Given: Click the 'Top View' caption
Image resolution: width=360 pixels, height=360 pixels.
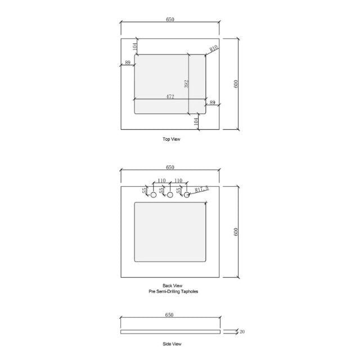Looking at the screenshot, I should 172,138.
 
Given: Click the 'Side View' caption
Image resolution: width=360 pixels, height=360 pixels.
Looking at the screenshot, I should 172,343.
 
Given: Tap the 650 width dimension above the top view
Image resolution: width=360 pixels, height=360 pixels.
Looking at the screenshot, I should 170,20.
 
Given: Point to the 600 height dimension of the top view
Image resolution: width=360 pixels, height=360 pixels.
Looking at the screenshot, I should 236,83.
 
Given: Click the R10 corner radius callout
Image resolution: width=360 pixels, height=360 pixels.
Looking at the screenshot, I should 214,48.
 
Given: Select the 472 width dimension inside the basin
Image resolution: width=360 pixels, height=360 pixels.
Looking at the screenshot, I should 169,97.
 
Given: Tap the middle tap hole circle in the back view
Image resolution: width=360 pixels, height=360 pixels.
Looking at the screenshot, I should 170,195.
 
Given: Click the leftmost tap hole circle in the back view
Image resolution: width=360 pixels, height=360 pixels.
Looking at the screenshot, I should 153,195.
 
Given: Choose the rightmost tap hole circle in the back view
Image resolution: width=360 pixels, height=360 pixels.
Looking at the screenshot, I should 188,195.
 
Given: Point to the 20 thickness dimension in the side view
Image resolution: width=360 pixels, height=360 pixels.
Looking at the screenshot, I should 242,332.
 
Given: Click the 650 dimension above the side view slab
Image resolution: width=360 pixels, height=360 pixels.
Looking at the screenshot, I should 170,316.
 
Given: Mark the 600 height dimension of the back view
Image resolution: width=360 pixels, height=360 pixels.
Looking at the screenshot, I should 236,231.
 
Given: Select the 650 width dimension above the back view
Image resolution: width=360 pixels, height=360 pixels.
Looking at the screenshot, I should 170,168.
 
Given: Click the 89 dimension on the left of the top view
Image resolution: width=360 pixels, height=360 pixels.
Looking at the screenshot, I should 128,62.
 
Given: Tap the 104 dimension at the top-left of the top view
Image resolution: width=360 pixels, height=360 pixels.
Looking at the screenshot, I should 135,46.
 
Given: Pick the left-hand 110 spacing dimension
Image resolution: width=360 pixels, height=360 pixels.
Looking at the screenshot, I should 161,181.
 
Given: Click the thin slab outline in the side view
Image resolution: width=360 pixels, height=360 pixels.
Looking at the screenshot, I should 170,331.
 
